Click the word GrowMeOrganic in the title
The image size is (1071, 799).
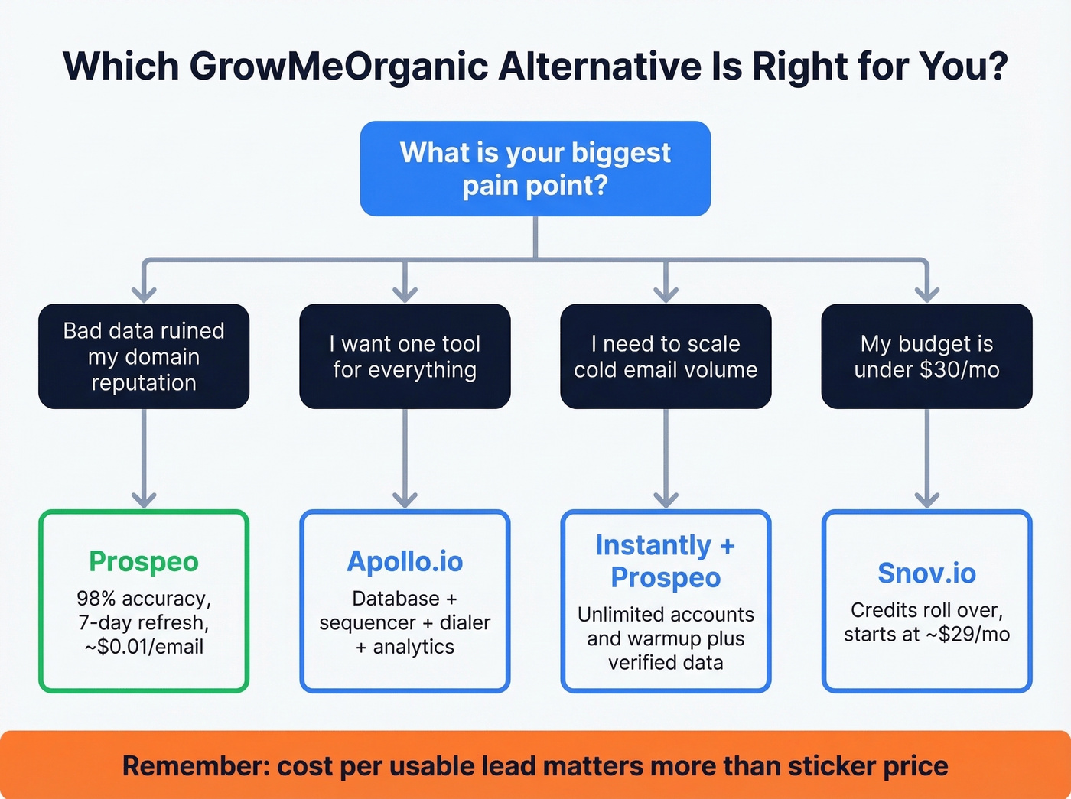pyautogui.click(x=339, y=67)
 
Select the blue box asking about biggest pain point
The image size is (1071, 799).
pyautogui.click(x=535, y=168)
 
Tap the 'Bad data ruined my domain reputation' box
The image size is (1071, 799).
pyautogui.click(x=144, y=356)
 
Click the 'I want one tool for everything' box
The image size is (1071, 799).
pyautogui.click(x=405, y=356)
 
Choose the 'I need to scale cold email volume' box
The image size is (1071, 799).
pyautogui.click(x=666, y=356)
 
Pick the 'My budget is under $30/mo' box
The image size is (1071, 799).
pyautogui.click(x=926, y=356)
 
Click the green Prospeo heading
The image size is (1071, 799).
pyautogui.click(x=144, y=561)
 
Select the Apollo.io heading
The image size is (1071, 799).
pyautogui.click(x=405, y=561)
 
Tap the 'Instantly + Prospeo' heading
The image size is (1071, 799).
pyautogui.click(x=666, y=561)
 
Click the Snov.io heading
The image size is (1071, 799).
pyautogui.click(x=926, y=573)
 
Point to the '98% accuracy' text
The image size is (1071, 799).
pyautogui.click(x=144, y=598)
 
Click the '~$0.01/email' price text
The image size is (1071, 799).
pyautogui.click(x=144, y=647)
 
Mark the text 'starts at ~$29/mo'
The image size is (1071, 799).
pyautogui.click(x=926, y=635)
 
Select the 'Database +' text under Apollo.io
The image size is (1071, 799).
pyautogui.click(x=405, y=598)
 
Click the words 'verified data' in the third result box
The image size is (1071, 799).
pyautogui.click(x=666, y=663)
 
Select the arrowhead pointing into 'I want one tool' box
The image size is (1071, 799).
pyautogui.click(x=405, y=294)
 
